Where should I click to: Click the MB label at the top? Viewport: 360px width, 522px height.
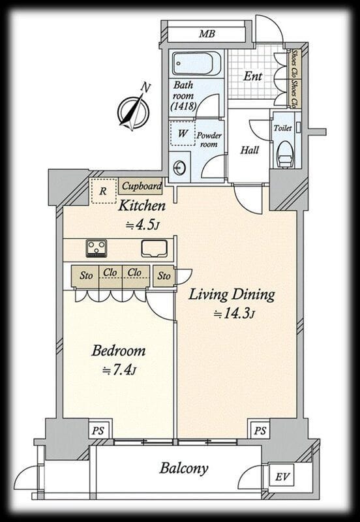point(207,34)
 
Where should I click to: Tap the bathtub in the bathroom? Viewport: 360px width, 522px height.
point(196,63)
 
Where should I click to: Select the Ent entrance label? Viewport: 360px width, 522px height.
point(252,76)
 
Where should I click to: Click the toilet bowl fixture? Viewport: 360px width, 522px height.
point(286,153)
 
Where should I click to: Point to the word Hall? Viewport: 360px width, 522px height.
point(250,150)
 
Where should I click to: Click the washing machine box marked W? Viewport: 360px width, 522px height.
point(182,133)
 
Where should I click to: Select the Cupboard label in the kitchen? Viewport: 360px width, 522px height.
point(141,187)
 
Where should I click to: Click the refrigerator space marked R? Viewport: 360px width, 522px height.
point(104,191)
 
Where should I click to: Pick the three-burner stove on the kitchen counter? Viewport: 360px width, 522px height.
point(97,249)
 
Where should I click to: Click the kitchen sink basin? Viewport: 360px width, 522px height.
point(154,249)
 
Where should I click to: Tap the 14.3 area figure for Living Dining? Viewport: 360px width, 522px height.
point(234,314)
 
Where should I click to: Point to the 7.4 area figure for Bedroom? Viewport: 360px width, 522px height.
point(119,370)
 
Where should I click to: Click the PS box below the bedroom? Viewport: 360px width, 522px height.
point(98,431)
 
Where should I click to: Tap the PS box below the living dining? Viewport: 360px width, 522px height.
point(260,431)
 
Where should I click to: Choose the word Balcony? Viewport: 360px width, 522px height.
point(184,468)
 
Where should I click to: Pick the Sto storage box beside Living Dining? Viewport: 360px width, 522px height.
point(164,276)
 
